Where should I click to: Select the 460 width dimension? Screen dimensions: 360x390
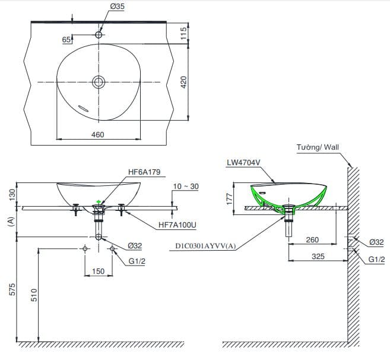point(98,135)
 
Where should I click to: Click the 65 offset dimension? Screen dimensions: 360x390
point(66,39)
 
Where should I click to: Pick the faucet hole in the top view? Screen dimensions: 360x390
point(99,34)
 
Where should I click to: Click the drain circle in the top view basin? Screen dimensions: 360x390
point(99,82)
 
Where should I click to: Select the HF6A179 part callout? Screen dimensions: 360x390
point(144,172)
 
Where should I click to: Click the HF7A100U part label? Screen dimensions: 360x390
point(178,226)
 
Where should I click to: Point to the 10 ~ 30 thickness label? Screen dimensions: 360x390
point(186,187)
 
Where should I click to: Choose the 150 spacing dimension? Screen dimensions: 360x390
point(98,271)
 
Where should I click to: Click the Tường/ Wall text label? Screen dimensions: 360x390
point(318,147)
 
